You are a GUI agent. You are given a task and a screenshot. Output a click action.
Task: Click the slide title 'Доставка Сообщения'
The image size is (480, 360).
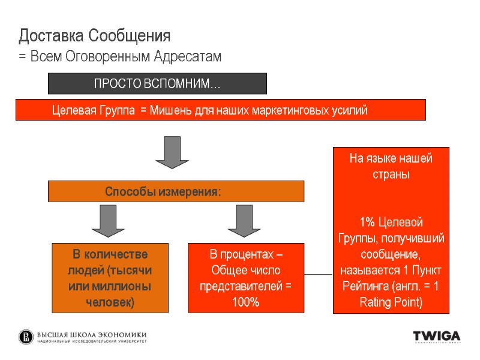95,36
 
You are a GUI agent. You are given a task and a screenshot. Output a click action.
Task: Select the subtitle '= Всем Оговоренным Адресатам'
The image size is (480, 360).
120,57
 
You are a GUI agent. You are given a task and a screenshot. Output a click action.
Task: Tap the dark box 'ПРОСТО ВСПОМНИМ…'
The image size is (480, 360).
157,84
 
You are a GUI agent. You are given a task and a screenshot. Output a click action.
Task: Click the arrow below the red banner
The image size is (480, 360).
172,152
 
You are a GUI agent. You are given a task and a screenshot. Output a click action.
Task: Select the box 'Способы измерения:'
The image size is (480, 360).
176,191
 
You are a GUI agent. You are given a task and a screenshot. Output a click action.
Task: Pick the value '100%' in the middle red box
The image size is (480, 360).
245,302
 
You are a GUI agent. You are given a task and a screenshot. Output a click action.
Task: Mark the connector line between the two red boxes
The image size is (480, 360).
319,275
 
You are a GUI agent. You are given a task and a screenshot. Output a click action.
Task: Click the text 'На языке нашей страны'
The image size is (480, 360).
391,167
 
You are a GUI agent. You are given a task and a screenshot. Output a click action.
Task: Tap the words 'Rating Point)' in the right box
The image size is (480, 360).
391,302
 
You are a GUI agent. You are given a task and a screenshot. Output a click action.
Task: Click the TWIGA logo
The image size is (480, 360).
436,337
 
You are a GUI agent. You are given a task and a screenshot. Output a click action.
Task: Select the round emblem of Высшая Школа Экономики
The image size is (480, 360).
26,337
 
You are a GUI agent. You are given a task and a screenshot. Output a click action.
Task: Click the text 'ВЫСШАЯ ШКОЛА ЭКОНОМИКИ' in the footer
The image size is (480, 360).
92,334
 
